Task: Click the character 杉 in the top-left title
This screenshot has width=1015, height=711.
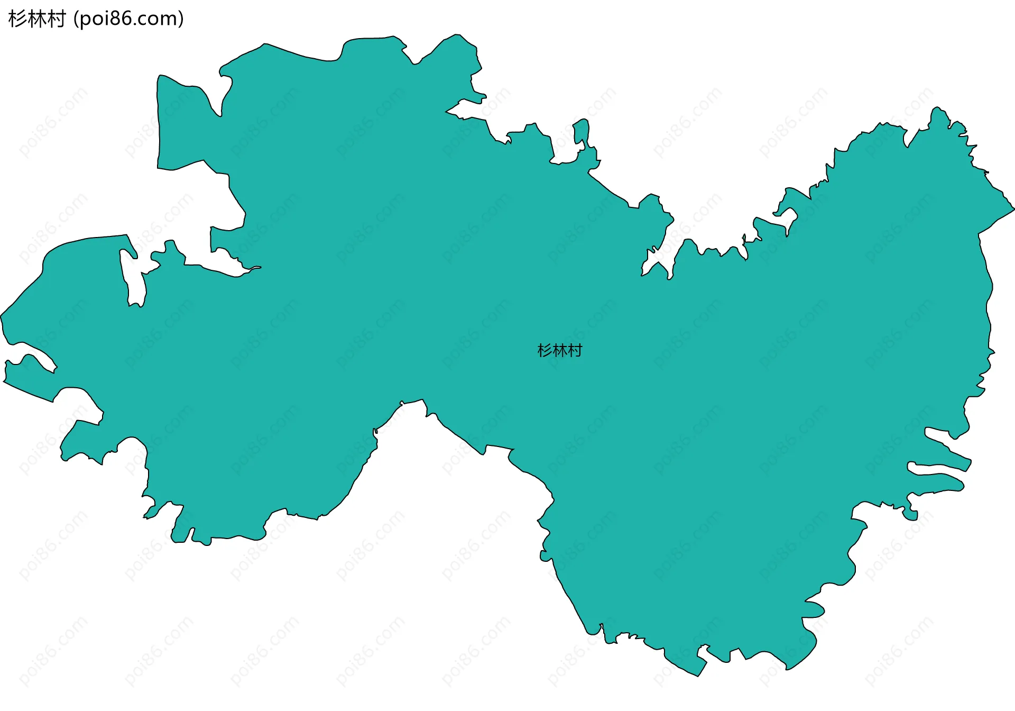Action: click(17, 19)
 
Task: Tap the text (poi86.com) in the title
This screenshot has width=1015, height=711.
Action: click(128, 19)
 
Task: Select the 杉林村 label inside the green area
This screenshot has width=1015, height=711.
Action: click(559, 350)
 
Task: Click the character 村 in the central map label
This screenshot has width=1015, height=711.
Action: click(575, 350)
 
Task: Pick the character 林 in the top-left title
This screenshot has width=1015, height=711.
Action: click(36, 19)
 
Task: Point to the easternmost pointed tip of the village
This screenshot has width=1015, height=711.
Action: click(1013, 209)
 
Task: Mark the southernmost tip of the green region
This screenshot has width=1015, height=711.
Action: click(698, 676)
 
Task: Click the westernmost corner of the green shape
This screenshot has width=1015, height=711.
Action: click(2, 316)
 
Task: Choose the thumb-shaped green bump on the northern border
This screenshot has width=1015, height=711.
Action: click(582, 130)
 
